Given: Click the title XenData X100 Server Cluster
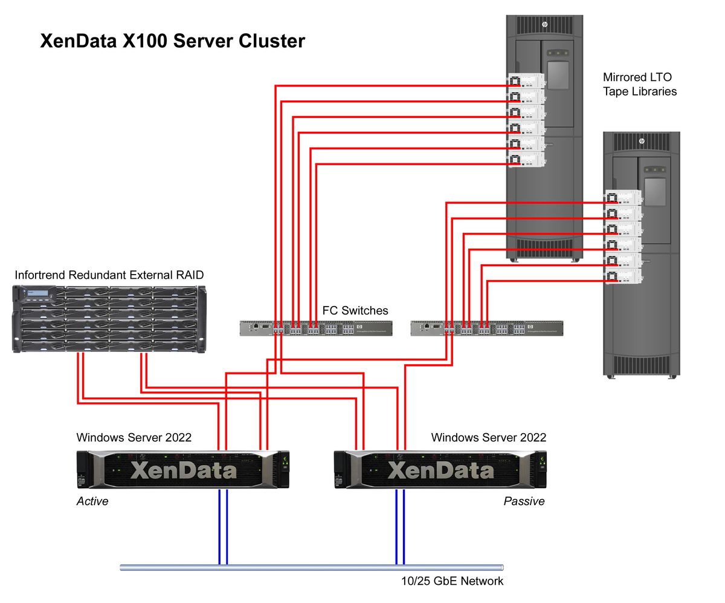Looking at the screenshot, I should (172, 41).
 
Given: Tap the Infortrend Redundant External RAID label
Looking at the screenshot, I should (109, 275).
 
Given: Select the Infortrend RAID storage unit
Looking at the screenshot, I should (109, 319).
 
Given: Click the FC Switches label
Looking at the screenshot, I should (355, 310).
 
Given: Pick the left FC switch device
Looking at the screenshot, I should (316, 328).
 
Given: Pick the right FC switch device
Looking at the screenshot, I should (486, 328).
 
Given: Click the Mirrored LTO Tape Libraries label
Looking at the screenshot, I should (639, 85).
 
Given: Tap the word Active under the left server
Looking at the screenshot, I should (92, 501).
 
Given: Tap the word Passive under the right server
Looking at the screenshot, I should (524, 501).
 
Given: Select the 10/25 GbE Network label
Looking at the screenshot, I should (452, 581).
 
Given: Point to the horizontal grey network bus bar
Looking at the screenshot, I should (311, 567).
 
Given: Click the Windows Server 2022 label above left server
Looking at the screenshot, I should (134, 437).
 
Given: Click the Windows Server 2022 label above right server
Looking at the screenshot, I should (488, 437).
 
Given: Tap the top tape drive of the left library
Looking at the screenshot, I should (526, 80).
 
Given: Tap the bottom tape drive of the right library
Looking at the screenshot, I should (623, 277).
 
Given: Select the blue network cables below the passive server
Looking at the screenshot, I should (400, 526).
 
